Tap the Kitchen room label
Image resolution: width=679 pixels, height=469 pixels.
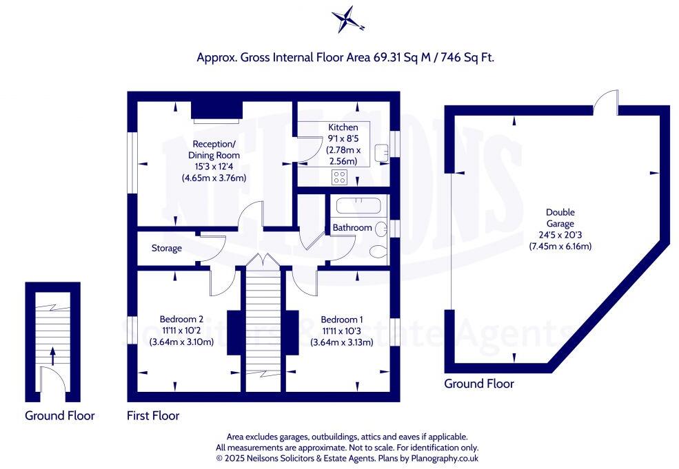[x=343, y=127]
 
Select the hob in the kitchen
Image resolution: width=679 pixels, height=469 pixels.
[x=339, y=177]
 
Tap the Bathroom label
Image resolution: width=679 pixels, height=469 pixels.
[x=352, y=227]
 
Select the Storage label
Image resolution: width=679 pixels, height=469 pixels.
[x=167, y=248]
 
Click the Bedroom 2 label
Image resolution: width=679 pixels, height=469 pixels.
[x=181, y=319]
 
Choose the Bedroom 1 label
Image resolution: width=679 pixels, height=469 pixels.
[x=342, y=320]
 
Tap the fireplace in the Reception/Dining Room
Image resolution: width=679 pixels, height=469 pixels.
[x=216, y=111]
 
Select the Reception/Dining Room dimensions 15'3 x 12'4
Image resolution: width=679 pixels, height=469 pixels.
[x=214, y=166]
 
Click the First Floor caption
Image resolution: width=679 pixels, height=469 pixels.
[x=153, y=415]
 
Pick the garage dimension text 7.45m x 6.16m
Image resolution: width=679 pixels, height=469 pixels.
[x=560, y=246]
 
